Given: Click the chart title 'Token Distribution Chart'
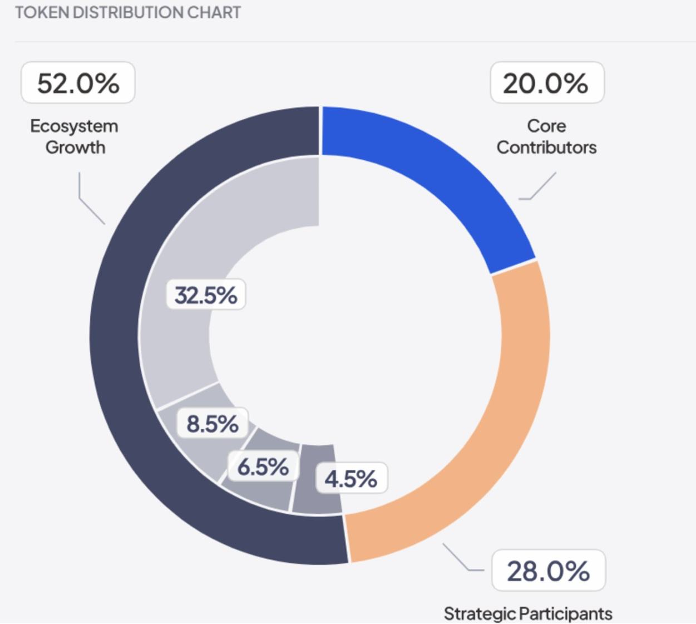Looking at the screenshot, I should click(128, 12).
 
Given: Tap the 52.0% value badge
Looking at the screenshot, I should click(78, 83).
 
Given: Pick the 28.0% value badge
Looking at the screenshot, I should click(548, 571).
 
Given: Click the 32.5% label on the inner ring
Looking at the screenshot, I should click(206, 294).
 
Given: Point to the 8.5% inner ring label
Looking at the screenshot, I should click(213, 424).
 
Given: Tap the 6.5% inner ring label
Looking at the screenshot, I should click(263, 466).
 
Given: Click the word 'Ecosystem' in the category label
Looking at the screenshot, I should click(74, 126).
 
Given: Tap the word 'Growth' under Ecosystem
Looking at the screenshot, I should click(75, 148).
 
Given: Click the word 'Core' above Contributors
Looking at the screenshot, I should click(546, 126).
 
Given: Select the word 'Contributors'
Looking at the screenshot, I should click(546, 148).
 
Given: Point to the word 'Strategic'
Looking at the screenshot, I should click(480, 614).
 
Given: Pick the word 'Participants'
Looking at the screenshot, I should click(566, 614).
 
